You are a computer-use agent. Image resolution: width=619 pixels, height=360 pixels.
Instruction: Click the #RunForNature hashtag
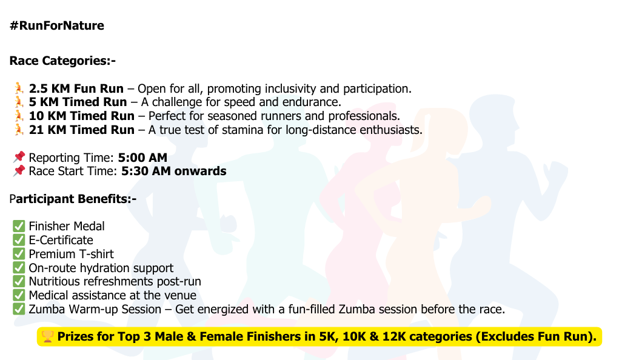click(57, 25)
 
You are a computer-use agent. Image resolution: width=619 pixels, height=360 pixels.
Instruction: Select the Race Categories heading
click(62, 61)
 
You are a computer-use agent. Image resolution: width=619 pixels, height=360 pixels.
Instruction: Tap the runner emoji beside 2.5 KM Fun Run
click(19, 88)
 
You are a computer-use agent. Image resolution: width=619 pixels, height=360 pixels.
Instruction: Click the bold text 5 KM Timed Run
click(78, 102)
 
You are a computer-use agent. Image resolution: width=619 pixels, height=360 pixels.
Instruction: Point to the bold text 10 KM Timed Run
click(81, 116)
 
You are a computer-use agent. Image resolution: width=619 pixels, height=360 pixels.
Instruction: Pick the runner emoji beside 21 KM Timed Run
click(19, 130)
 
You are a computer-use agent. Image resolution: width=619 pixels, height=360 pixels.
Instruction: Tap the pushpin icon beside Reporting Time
click(19, 158)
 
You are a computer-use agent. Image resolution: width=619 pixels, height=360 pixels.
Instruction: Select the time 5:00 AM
click(142, 158)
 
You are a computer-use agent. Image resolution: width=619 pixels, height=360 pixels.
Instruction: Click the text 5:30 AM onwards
click(174, 172)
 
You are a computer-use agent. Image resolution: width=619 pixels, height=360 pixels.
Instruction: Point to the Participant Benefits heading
click(73, 199)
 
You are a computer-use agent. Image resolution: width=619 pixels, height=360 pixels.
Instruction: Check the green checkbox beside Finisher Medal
click(19, 226)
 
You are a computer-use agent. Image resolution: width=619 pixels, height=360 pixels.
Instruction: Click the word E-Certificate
click(61, 240)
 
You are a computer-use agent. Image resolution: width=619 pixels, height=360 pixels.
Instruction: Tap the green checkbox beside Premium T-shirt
click(19, 254)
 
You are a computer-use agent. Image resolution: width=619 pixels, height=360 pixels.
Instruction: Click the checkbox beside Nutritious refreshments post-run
click(19, 281)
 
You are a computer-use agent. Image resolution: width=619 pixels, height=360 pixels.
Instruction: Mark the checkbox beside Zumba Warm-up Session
click(19, 309)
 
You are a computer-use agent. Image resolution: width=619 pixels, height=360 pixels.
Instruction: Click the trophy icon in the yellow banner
click(47, 336)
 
